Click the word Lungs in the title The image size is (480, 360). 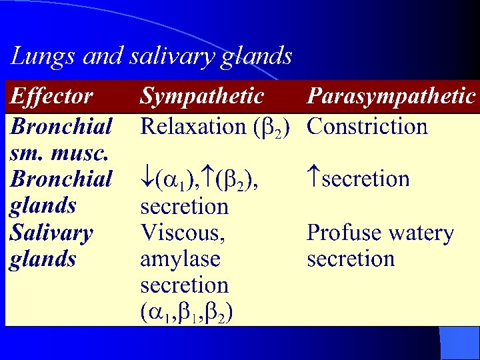(42, 57)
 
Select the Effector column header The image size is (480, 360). (51, 97)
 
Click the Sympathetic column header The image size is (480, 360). (202, 97)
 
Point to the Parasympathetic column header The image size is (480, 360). (391, 97)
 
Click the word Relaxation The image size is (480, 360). (193, 126)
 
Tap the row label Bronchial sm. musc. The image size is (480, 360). (60, 139)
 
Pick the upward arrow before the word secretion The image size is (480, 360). (314, 179)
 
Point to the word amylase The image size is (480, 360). (180, 259)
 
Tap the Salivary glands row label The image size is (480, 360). (51, 245)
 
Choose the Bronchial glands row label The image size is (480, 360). (60, 192)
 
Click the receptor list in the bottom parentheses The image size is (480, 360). (186, 312)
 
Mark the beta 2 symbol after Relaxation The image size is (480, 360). (274, 127)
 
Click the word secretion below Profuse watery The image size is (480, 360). (351, 259)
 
